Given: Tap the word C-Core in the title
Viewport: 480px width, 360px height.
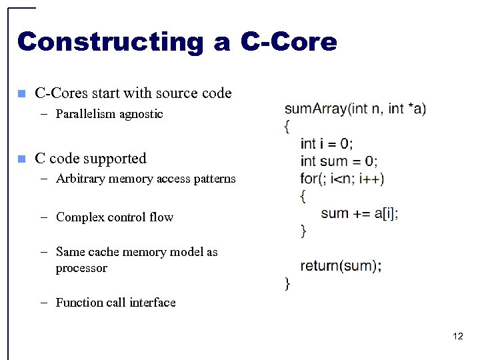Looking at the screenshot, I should pos(288,42).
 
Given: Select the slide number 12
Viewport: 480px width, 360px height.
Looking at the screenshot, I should pos(457,336).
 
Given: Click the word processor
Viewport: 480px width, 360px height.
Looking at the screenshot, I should pos(81,268).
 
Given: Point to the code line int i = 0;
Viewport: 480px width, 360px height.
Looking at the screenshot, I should pos(327,143).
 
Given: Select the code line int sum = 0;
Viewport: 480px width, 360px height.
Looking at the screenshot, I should pos(339,161).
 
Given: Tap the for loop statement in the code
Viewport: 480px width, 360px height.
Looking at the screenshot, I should pos(342,178).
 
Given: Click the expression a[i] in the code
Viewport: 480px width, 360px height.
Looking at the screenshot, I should pos(385,213).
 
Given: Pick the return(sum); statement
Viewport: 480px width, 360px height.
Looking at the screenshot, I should pos(341,266).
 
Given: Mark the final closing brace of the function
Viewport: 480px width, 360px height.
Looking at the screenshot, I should pos(287,283).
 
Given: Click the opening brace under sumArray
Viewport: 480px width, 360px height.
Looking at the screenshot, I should pos(287,126).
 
